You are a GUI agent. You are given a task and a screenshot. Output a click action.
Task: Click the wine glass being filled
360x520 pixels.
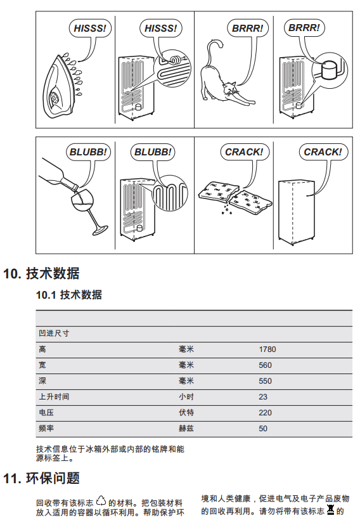pyautogui.click(x=86, y=212)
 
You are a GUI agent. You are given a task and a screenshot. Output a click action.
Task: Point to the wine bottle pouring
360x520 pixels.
pyautogui.click(x=58, y=175)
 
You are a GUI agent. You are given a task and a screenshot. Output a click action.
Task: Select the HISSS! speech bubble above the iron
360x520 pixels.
pyautogui.click(x=90, y=28)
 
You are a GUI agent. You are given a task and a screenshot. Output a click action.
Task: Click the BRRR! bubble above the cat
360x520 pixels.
pyautogui.click(x=247, y=28)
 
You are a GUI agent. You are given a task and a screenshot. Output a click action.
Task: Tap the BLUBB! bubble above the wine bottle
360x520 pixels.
pyautogui.click(x=88, y=152)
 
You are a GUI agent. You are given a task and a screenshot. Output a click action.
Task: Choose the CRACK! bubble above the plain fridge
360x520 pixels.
pyautogui.click(x=323, y=152)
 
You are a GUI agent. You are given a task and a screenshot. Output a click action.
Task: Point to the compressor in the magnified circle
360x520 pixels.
pyautogui.click(x=330, y=69)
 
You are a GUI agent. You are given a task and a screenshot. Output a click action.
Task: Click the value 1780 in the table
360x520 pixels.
pyautogui.click(x=267, y=349)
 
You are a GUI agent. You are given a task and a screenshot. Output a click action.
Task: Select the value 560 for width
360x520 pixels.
pyautogui.click(x=265, y=365)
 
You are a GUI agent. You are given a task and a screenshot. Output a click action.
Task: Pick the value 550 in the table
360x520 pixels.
pyautogui.click(x=265, y=381)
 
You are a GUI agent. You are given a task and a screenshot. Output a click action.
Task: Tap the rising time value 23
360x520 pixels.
pyautogui.click(x=263, y=397)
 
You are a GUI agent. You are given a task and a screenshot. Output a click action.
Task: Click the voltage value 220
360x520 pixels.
pyautogui.click(x=265, y=413)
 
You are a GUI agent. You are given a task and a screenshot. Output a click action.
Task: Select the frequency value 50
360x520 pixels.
pyautogui.click(x=263, y=429)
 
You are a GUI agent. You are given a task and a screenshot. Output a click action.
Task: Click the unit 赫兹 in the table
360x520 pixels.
pyautogui.click(x=186, y=429)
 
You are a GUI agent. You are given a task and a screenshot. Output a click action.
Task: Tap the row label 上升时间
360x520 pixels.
pyautogui.click(x=54, y=396)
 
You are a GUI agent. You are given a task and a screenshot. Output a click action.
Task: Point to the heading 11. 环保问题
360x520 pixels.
pyautogui.click(x=41, y=478)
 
